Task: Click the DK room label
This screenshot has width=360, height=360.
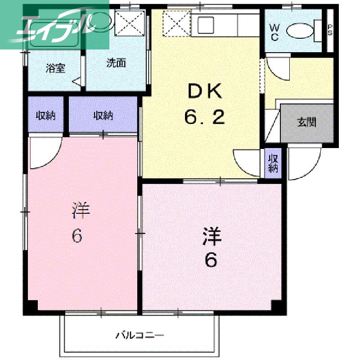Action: [x=204, y=92]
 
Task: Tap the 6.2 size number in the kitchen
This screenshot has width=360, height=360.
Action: [x=204, y=118]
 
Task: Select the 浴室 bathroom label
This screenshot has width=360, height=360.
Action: [x=56, y=69]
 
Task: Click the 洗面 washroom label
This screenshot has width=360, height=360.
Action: [x=116, y=63]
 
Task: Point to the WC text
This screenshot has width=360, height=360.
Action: [x=274, y=32]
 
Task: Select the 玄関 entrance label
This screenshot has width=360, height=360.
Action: [x=306, y=122]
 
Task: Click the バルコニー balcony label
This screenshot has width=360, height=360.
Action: [x=140, y=335]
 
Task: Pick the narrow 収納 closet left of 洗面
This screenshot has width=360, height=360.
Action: [x=45, y=116]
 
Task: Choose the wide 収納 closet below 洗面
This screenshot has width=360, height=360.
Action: [x=103, y=116]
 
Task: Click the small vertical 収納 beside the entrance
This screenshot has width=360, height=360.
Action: [x=273, y=163]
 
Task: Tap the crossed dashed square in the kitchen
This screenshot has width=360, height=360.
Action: [x=176, y=24]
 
